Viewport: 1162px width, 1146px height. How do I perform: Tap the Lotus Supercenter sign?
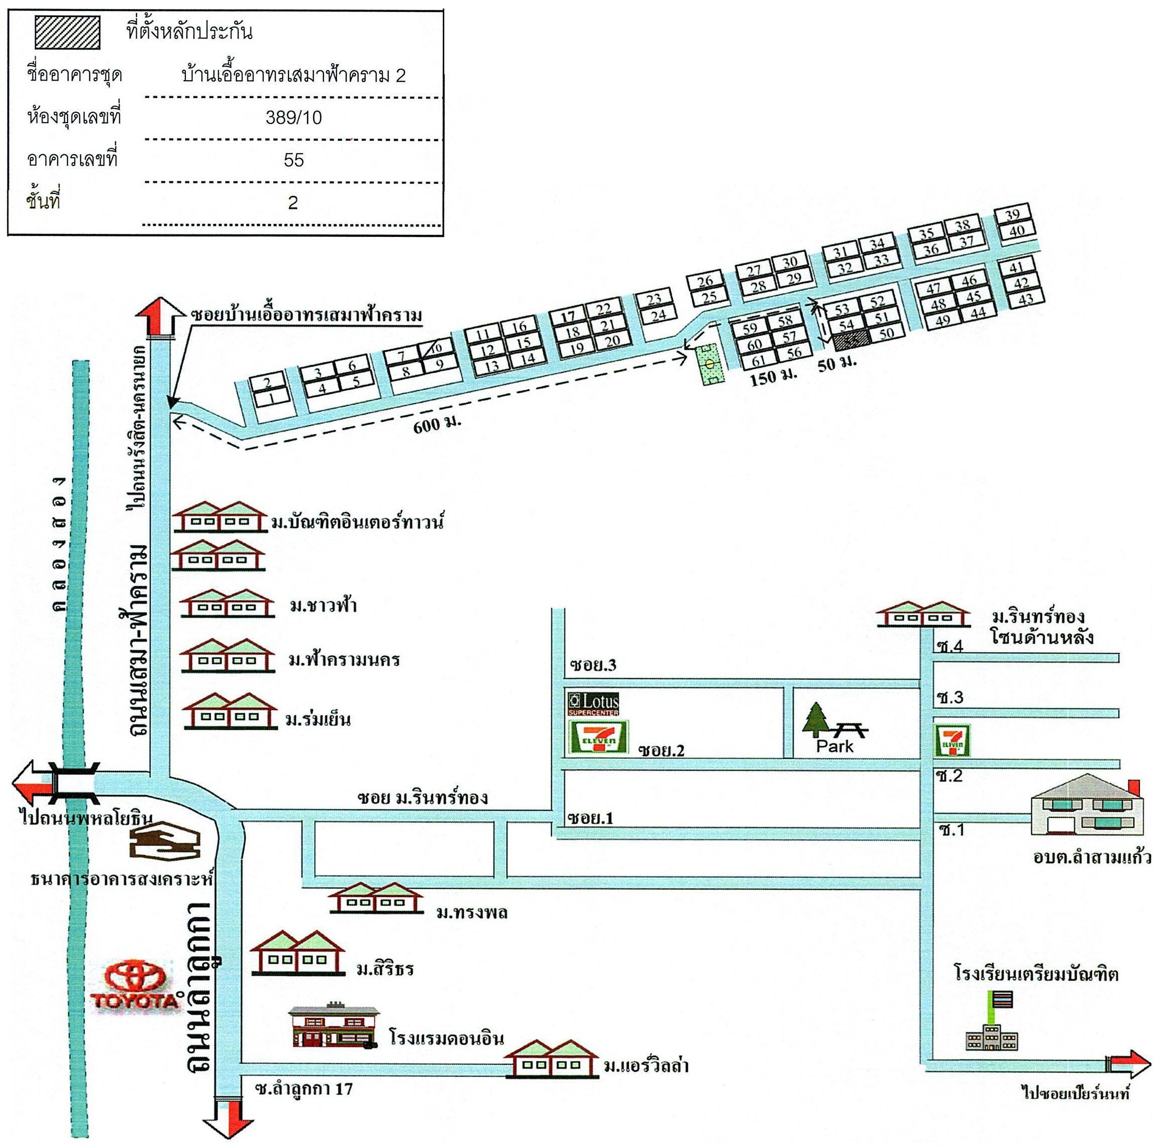(x=593, y=703)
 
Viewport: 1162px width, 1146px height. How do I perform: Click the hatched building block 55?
(x=850, y=339)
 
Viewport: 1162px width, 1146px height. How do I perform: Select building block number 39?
(x=1012, y=215)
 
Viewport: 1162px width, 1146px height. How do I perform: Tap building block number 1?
(x=271, y=398)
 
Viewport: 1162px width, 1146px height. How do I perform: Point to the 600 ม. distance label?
(x=437, y=424)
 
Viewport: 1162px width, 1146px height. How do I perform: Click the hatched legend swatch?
(x=67, y=33)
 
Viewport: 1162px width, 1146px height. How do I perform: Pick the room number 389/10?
(x=294, y=117)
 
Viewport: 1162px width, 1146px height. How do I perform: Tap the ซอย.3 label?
(x=593, y=665)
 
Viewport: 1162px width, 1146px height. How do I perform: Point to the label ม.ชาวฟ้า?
(x=323, y=605)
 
